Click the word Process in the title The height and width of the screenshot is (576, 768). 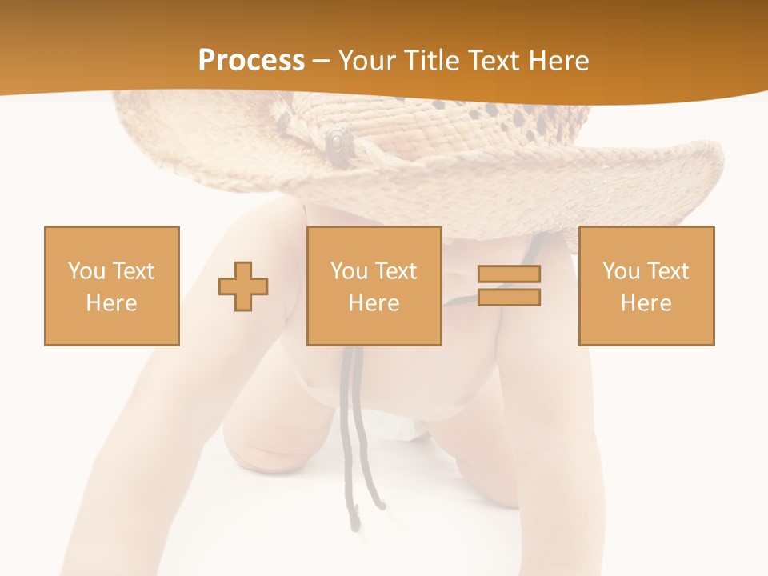coord(251,61)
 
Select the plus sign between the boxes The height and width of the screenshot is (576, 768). coord(243,286)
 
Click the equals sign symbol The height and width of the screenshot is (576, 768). coord(509,286)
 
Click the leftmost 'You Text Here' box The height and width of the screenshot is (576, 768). coord(112,286)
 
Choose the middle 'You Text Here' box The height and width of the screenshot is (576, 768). coord(374,286)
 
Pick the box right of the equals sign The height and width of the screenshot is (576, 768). coord(646,286)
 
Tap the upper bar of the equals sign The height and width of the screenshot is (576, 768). coord(509,274)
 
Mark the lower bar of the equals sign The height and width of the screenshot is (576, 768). coord(509,298)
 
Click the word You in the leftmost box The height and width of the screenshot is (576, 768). coord(86,271)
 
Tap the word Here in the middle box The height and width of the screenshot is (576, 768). coord(374,303)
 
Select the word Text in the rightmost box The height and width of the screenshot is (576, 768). coord(670,271)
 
